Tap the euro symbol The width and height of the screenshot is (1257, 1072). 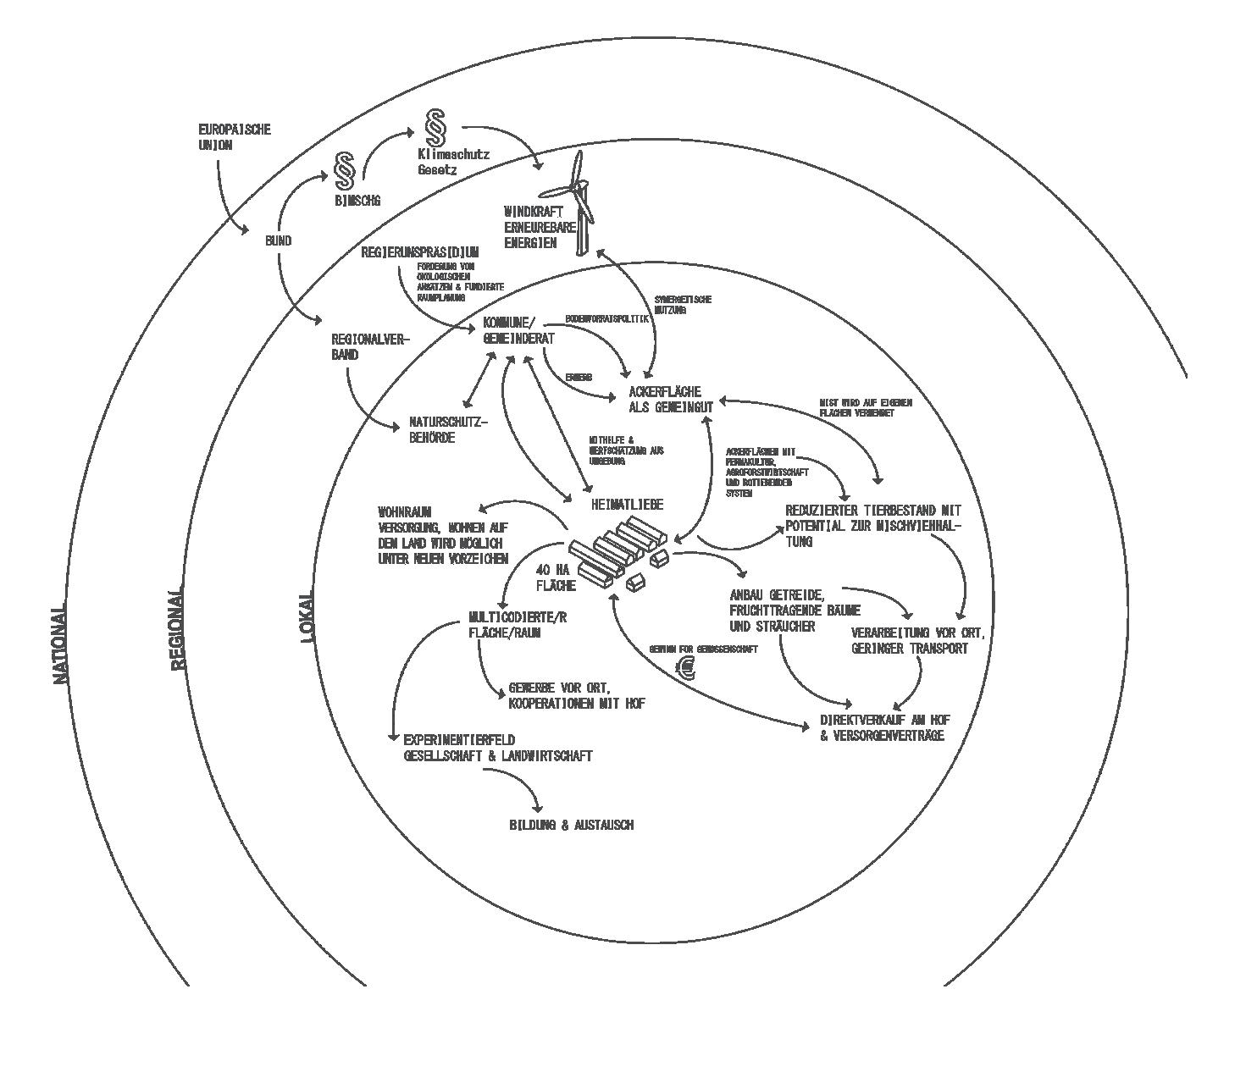coord(684,670)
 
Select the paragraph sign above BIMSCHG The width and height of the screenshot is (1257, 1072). coord(345,172)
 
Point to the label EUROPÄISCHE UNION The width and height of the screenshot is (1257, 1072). coord(235,137)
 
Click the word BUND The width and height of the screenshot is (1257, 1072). coord(278,241)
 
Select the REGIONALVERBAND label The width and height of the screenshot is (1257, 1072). coord(369,347)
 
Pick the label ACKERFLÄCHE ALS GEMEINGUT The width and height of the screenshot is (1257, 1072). coord(670,399)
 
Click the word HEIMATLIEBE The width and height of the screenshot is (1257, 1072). coord(627,505)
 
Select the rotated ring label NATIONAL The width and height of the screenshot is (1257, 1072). coord(58,644)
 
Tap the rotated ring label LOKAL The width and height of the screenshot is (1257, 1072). coord(307,616)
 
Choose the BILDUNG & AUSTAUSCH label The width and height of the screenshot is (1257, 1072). coord(570,825)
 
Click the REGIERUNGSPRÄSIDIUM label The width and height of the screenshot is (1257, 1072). coord(420,252)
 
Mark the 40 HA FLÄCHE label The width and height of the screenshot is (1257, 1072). coord(556,577)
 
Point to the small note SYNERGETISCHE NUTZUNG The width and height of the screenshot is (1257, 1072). coord(683,305)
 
